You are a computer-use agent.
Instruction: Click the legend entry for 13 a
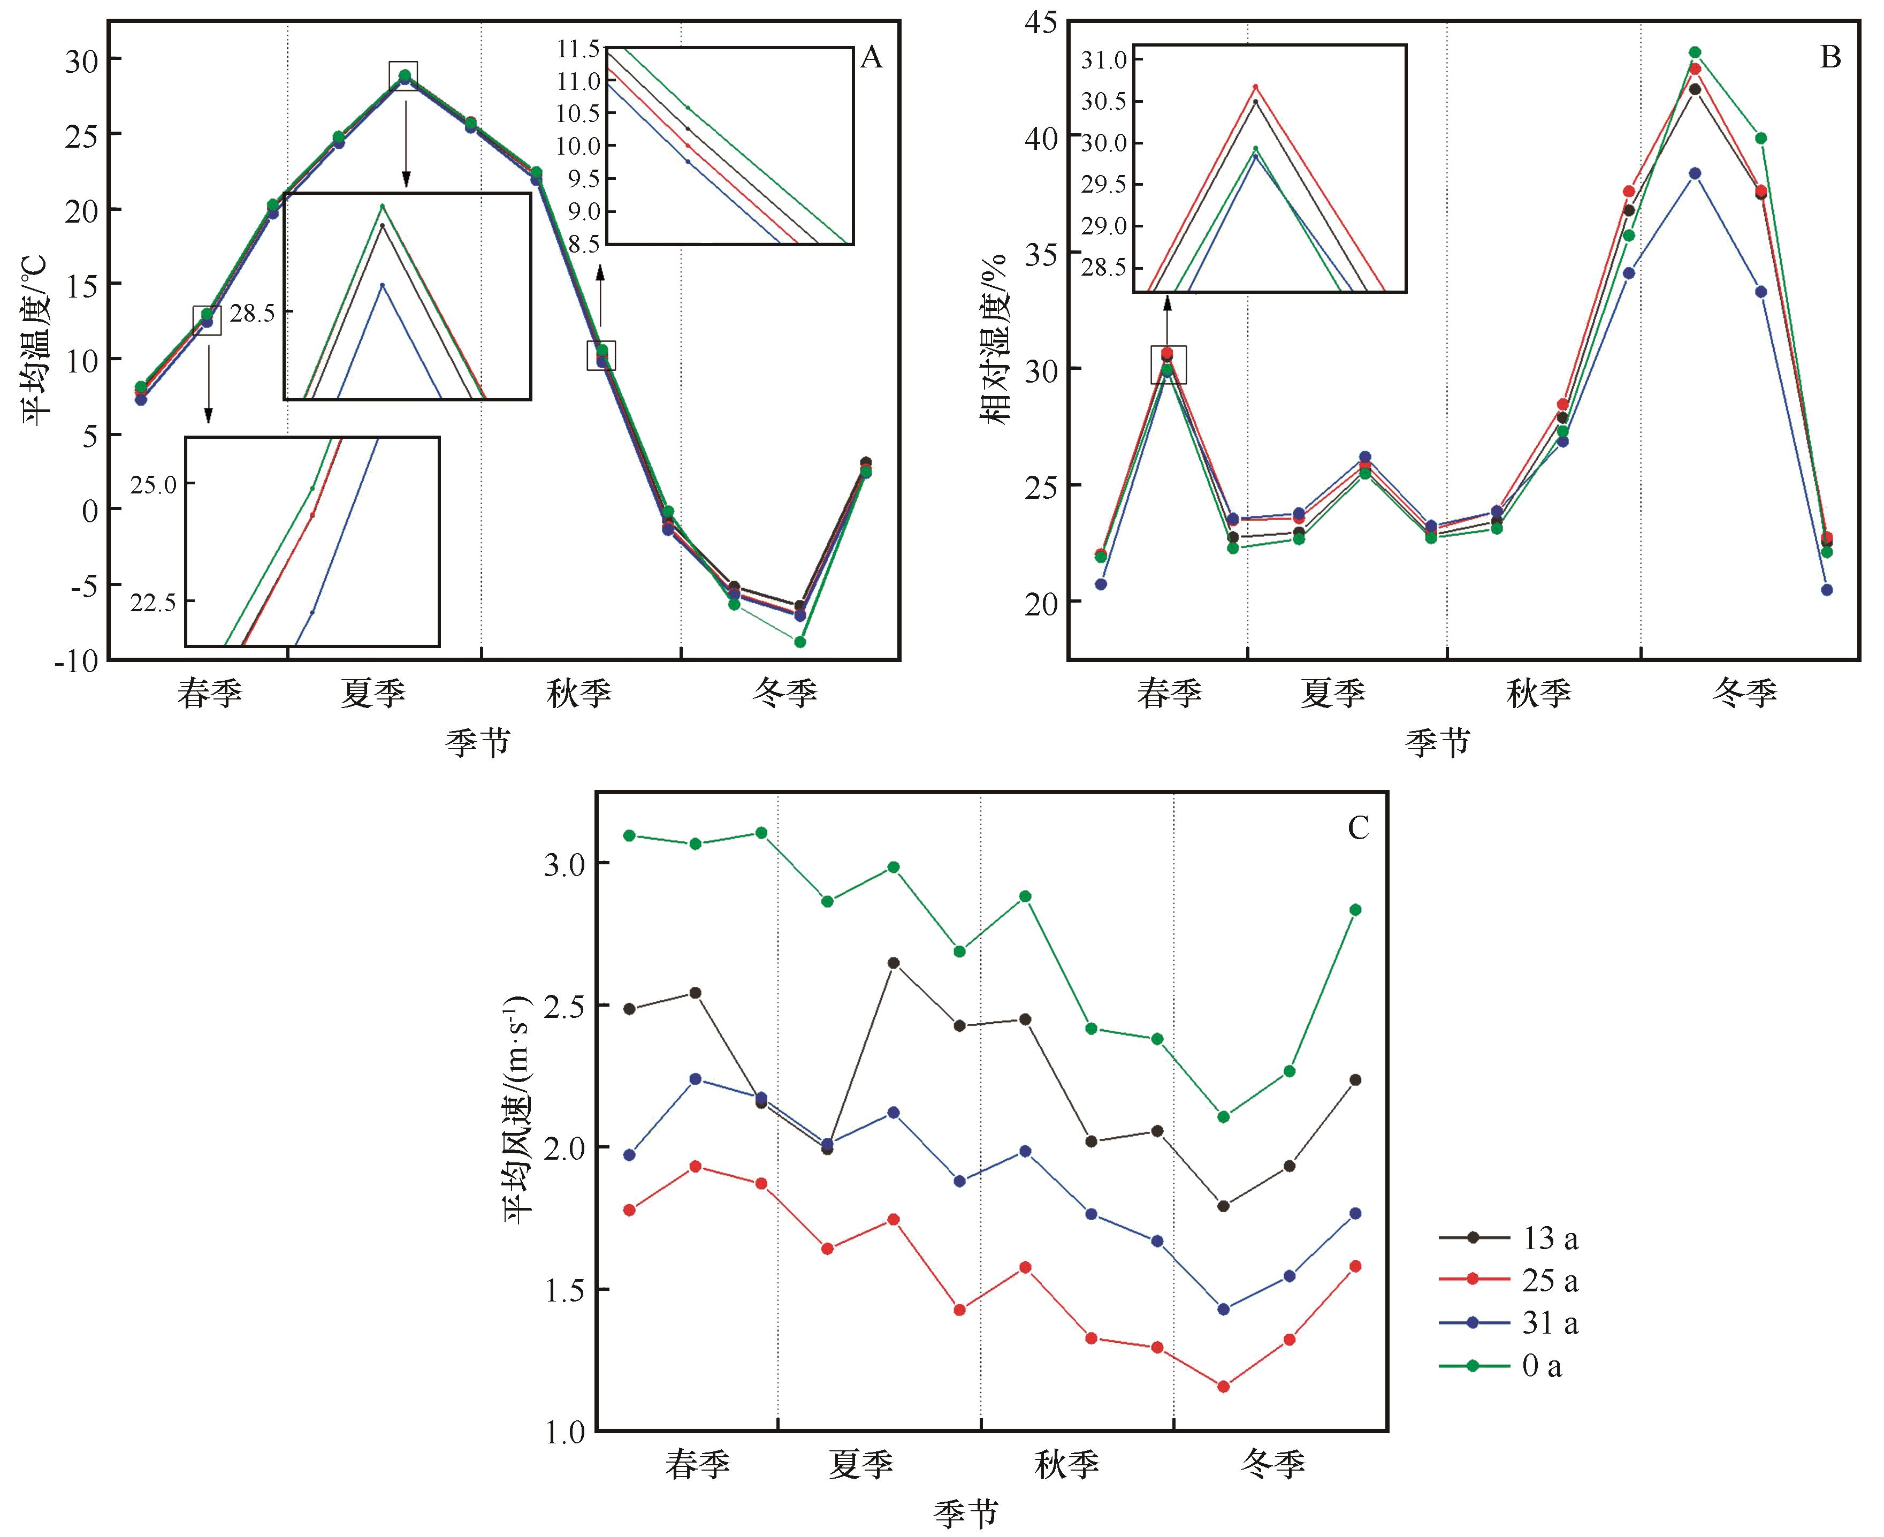pyautogui.click(x=1550, y=1238)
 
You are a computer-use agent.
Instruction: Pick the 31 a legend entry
pyautogui.click(x=1550, y=1323)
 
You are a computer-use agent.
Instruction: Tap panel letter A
pyautogui.click(x=871, y=58)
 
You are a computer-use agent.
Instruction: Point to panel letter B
pyautogui.click(x=1830, y=58)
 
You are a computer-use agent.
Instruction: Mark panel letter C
pyautogui.click(x=1357, y=828)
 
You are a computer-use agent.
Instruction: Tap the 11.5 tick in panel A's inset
pyautogui.click(x=577, y=49)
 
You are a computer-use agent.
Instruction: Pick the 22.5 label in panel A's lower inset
pyautogui.click(x=152, y=603)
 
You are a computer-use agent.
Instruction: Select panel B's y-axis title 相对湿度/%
pyautogui.click(x=997, y=339)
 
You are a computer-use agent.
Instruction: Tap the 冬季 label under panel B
pyautogui.click(x=1744, y=693)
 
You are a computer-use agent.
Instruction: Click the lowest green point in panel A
pyautogui.click(x=799, y=642)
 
